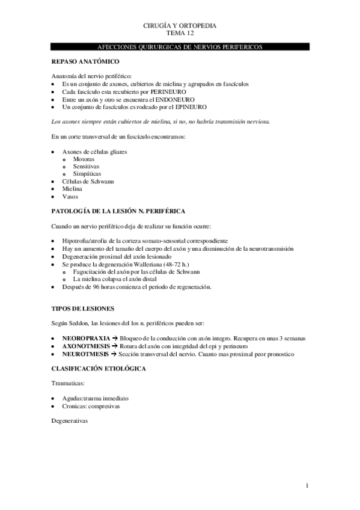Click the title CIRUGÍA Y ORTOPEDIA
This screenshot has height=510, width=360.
click(x=180, y=26)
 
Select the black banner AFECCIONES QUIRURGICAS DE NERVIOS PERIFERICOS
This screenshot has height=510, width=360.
click(x=180, y=46)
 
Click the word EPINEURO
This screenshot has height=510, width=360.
click(x=189, y=106)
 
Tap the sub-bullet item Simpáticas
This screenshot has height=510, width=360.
click(x=87, y=173)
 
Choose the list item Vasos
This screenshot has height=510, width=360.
click(x=70, y=196)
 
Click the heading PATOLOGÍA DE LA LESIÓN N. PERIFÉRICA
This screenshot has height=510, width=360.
click(x=118, y=211)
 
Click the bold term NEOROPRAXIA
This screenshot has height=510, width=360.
click(x=85, y=339)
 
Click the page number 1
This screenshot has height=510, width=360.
click(x=307, y=485)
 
